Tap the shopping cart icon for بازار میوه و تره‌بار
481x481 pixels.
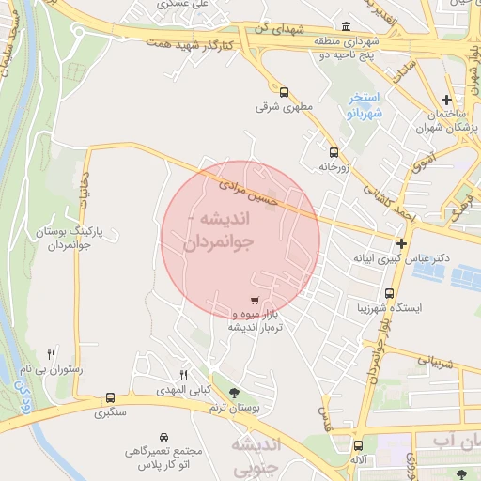pos(256,300)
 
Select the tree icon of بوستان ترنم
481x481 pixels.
pos(234,393)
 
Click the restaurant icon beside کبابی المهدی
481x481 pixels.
pos(184,374)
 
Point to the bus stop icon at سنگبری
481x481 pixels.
pos(112,397)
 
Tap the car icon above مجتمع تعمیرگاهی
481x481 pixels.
pos(163,438)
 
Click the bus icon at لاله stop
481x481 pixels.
pos(357,446)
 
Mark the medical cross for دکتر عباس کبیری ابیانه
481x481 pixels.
pos(401,243)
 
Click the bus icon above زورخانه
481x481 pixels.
pos(333,152)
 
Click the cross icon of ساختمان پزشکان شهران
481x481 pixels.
pos(447,100)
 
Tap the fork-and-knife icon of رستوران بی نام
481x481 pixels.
pos(52,353)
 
